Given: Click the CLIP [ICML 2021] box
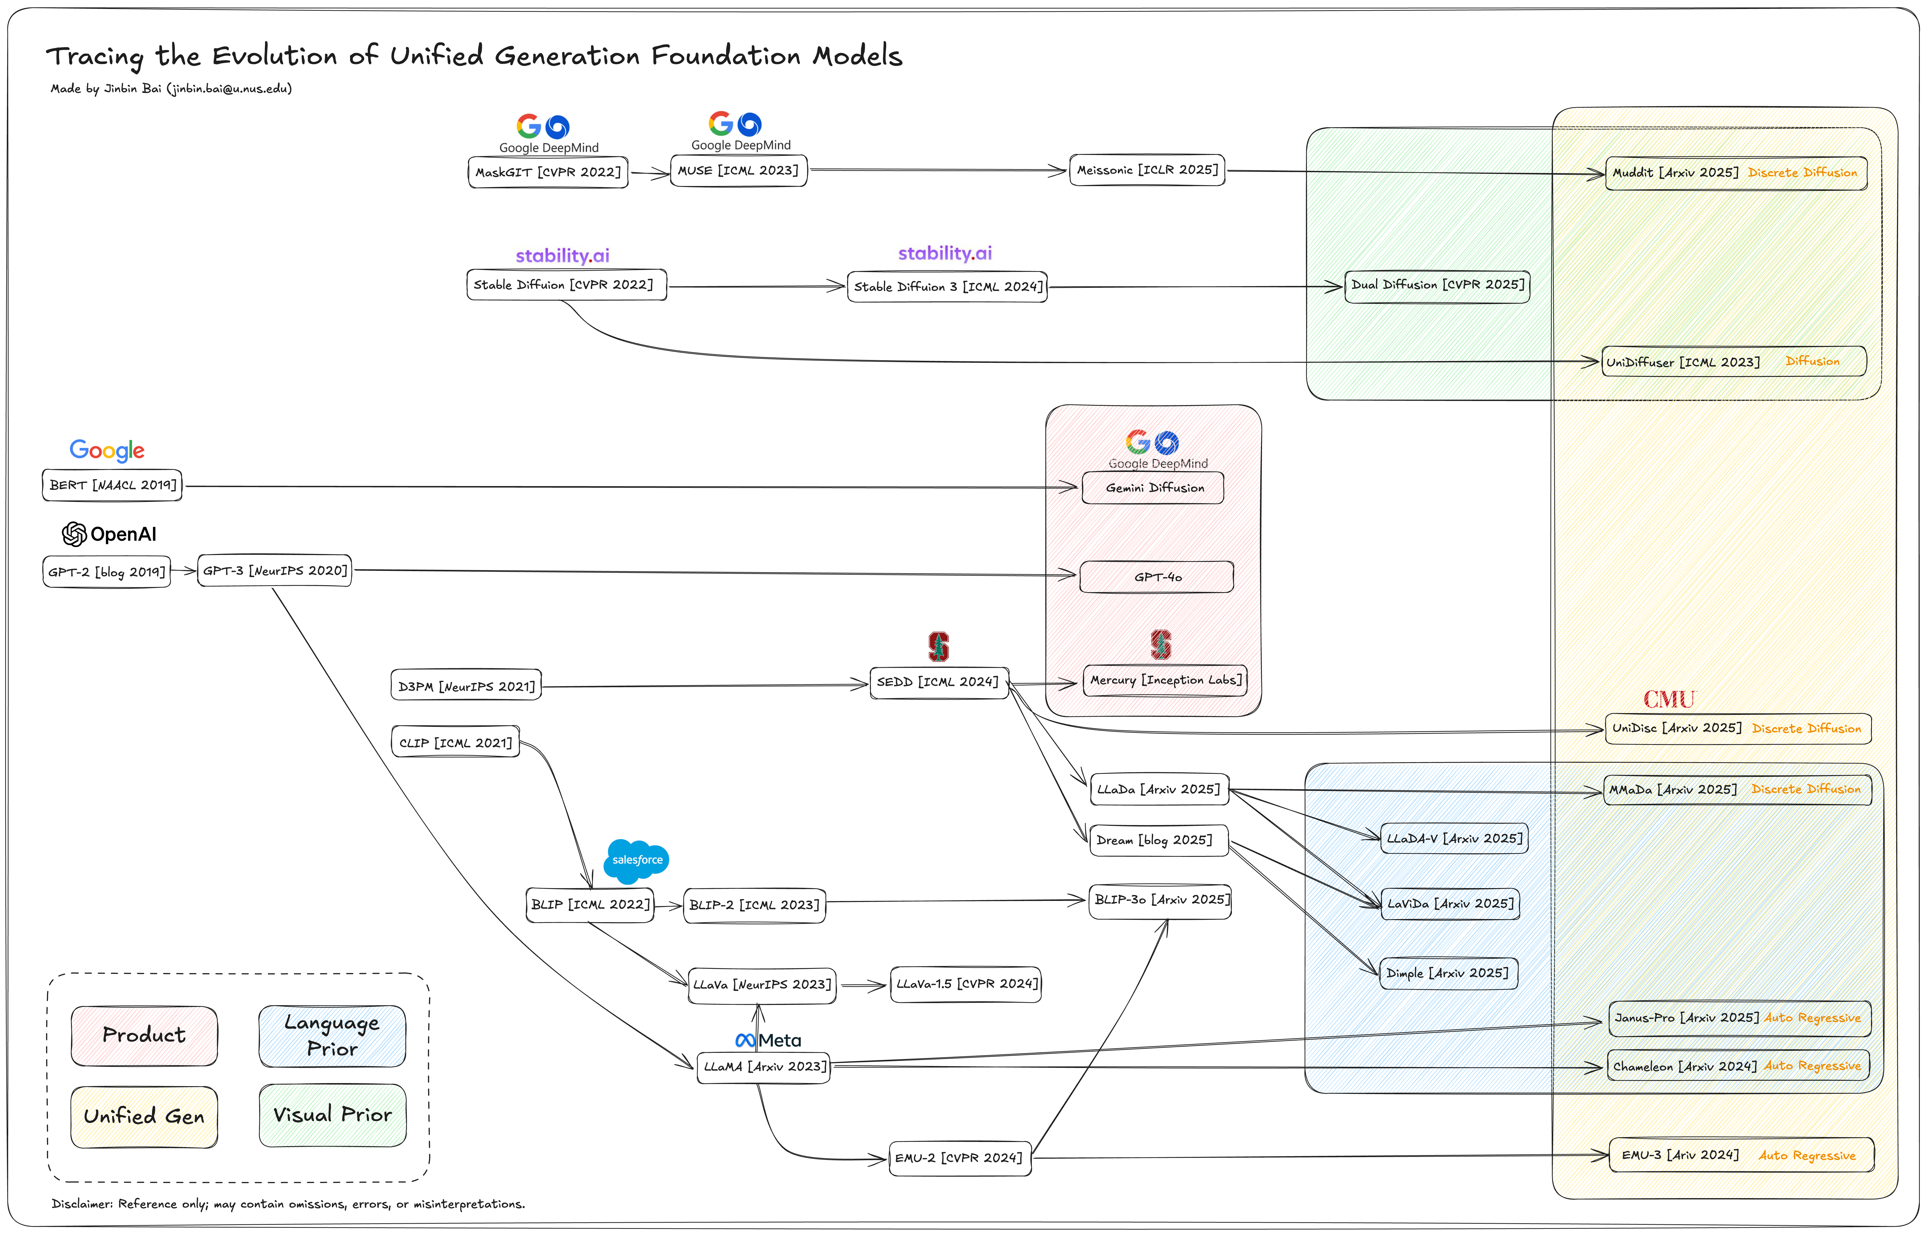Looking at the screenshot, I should pyautogui.click(x=455, y=743).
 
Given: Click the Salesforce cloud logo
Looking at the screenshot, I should pyautogui.click(x=637, y=860).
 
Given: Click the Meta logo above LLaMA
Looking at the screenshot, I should pyautogui.click(x=768, y=1040).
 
